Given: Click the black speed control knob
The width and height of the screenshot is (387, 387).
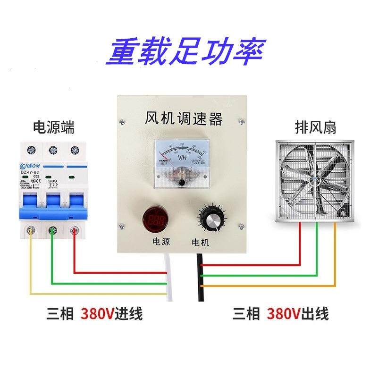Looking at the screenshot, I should tap(210, 219).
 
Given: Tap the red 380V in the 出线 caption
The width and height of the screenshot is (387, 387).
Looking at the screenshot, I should tap(284, 313).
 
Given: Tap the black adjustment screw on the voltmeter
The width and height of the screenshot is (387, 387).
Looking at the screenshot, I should tap(182, 182).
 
